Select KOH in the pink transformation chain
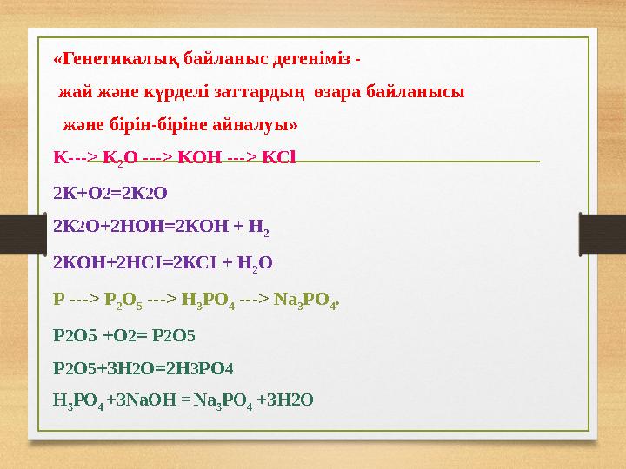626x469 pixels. [202, 159]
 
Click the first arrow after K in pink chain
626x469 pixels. [79, 159]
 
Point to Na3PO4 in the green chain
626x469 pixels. [309, 301]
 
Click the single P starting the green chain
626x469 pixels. [58, 301]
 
